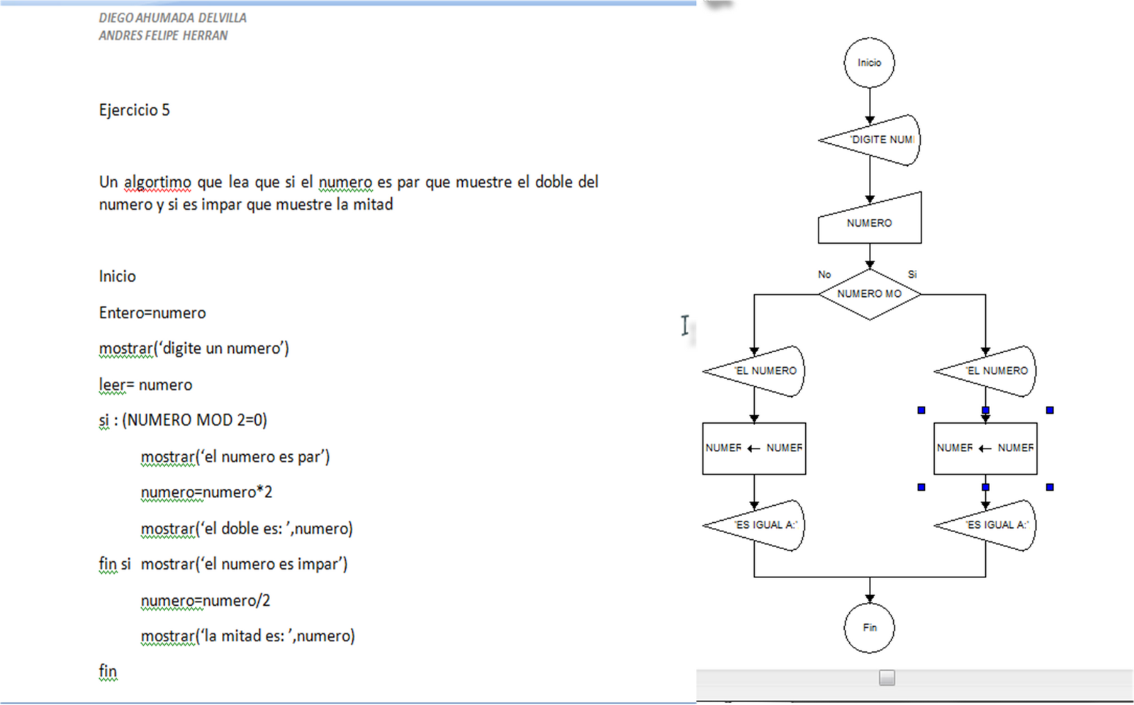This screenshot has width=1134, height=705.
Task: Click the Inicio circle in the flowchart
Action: click(869, 63)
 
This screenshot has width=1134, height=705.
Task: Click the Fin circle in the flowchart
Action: click(869, 628)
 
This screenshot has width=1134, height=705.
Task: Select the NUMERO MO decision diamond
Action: click(870, 294)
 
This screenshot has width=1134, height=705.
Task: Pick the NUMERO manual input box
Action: click(870, 222)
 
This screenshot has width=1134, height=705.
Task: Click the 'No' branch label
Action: click(824, 274)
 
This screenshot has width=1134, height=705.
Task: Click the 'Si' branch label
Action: click(912, 274)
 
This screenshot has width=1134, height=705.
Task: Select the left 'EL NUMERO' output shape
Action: click(760, 371)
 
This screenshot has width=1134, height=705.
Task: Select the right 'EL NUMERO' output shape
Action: click(992, 371)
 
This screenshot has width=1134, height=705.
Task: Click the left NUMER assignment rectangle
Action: click(754, 449)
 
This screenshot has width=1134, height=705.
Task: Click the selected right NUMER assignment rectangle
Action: click(985, 449)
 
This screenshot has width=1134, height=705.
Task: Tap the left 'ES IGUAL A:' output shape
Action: click(760, 526)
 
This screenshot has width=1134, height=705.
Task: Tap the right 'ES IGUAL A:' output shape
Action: click(992, 526)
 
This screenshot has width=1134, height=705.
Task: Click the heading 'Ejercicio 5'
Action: click(135, 111)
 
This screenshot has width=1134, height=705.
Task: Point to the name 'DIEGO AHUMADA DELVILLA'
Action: click(173, 18)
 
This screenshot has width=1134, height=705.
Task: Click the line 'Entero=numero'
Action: click(152, 313)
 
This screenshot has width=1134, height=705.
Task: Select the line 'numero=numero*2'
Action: click(206, 492)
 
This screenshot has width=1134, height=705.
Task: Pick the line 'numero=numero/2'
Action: click(206, 601)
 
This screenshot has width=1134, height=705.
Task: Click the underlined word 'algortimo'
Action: click(157, 183)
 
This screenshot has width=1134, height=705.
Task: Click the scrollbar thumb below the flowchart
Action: click(887, 678)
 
